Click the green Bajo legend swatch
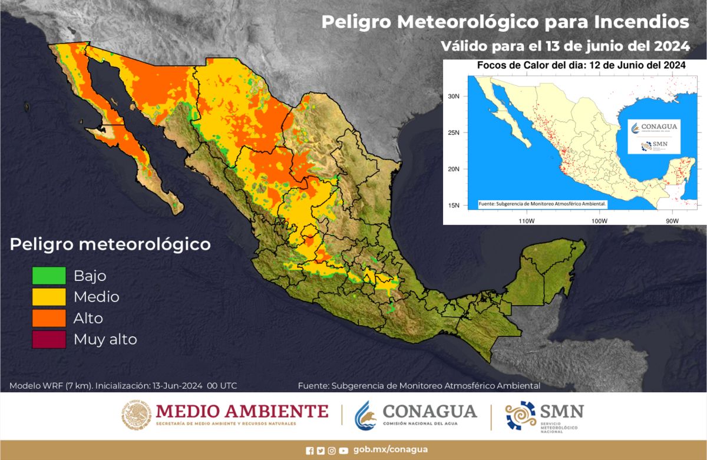click(x=49, y=276)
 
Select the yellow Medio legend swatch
click(x=49, y=297)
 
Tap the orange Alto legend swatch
click(x=49, y=318)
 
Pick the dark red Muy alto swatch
click(x=49, y=339)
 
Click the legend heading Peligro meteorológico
click(x=110, y=244)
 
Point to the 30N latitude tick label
click(x=454, y=95)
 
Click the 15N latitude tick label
click(x=454, y=205)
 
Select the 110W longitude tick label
click(x=526, y=221)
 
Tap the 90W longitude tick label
click(x=672, y=221)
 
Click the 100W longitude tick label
click(x=599, y=221)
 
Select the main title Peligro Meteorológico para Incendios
click(x=505, y=22)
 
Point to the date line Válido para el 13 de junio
click(x=566, y=45)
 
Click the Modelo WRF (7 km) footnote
click(x=123, y=386)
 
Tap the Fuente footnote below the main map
click(x=419, y=386)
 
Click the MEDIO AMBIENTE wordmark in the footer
click(x=242, y=411)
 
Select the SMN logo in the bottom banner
click(x=544, y=415)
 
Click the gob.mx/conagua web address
click(x=391, y=449)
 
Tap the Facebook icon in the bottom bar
click(x=310, y=451)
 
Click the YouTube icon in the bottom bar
click(x=343, y=451)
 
